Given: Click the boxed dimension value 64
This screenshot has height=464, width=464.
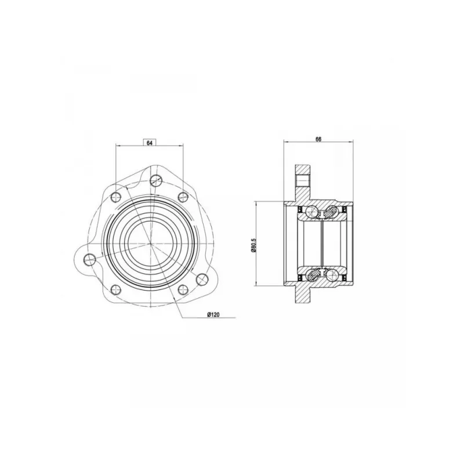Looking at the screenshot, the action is (149, 143).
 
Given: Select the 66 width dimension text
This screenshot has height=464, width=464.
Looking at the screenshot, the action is (318, 139).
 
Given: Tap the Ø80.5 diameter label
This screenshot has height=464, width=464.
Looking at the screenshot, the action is (253, 244).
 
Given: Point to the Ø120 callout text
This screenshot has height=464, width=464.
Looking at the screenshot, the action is (213, 314).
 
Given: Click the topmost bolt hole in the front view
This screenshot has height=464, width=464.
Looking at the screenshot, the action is (155, 180).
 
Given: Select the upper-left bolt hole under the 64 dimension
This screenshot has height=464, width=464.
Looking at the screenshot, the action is (115, 197).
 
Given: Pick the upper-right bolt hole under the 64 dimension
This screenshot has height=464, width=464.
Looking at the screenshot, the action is (183, 197).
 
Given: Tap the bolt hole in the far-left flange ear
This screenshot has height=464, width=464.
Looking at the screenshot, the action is (90, 259).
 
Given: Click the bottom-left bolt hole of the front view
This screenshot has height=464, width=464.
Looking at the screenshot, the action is (115, 289).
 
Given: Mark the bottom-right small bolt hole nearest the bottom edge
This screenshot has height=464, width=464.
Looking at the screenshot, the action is (183, 289).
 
